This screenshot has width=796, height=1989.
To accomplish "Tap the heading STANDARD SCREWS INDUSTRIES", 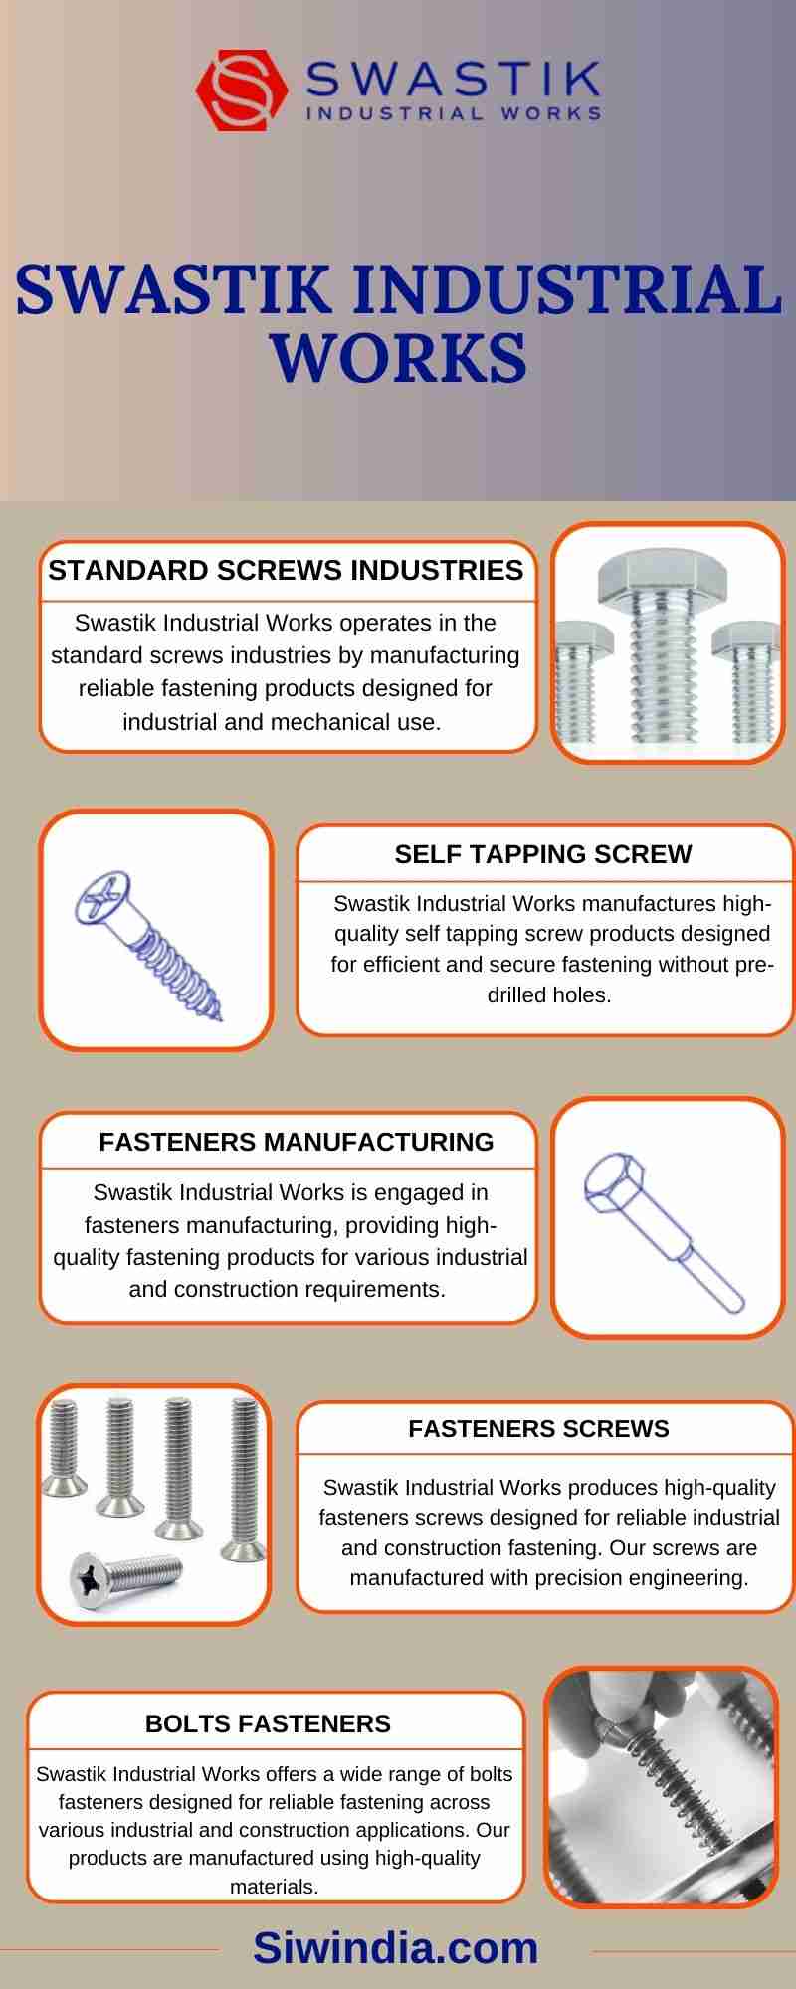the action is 286,570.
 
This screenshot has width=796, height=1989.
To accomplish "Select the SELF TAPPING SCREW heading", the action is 543,854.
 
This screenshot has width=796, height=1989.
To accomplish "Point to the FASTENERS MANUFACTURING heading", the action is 297,1142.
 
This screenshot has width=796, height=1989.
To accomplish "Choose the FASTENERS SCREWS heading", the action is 538,1429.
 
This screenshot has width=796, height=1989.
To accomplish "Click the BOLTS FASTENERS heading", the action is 268,1723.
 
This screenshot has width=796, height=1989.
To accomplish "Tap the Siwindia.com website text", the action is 395,1947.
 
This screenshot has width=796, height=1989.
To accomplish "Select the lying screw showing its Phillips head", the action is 125,1577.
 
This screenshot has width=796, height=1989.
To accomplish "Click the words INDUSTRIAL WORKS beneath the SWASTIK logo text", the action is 453,113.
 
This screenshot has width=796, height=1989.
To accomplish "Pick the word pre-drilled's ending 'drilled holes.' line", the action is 548,994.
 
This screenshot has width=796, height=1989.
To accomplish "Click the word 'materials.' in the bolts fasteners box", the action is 275,1887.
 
